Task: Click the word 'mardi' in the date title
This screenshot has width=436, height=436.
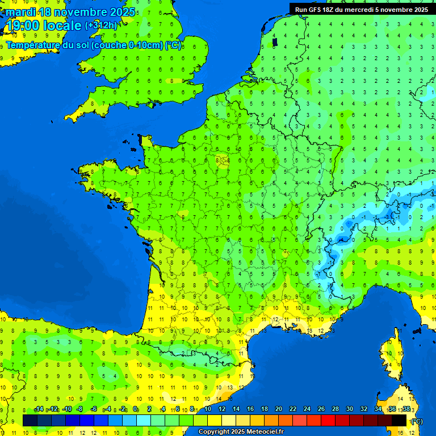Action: point(20,12)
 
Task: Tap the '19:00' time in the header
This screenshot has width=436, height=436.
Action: point(23,26)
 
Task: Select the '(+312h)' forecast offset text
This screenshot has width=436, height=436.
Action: point(101,26)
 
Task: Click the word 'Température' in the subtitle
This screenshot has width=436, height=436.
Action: point(36,45)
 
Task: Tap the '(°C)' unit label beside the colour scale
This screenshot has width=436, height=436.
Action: point(416,421)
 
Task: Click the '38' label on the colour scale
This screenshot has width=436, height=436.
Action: point(406,409)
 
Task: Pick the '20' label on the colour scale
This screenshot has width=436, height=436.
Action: point(279,409)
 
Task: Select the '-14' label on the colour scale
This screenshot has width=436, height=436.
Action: point(39,409)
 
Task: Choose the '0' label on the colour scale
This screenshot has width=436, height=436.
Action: point(135,409)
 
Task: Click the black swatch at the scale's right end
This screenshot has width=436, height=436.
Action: point(399,420)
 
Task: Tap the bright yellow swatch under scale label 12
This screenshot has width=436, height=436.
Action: point(215,420)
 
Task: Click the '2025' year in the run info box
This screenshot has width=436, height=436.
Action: point(419,10)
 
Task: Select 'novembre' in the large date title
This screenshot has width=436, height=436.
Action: point(83,12)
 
